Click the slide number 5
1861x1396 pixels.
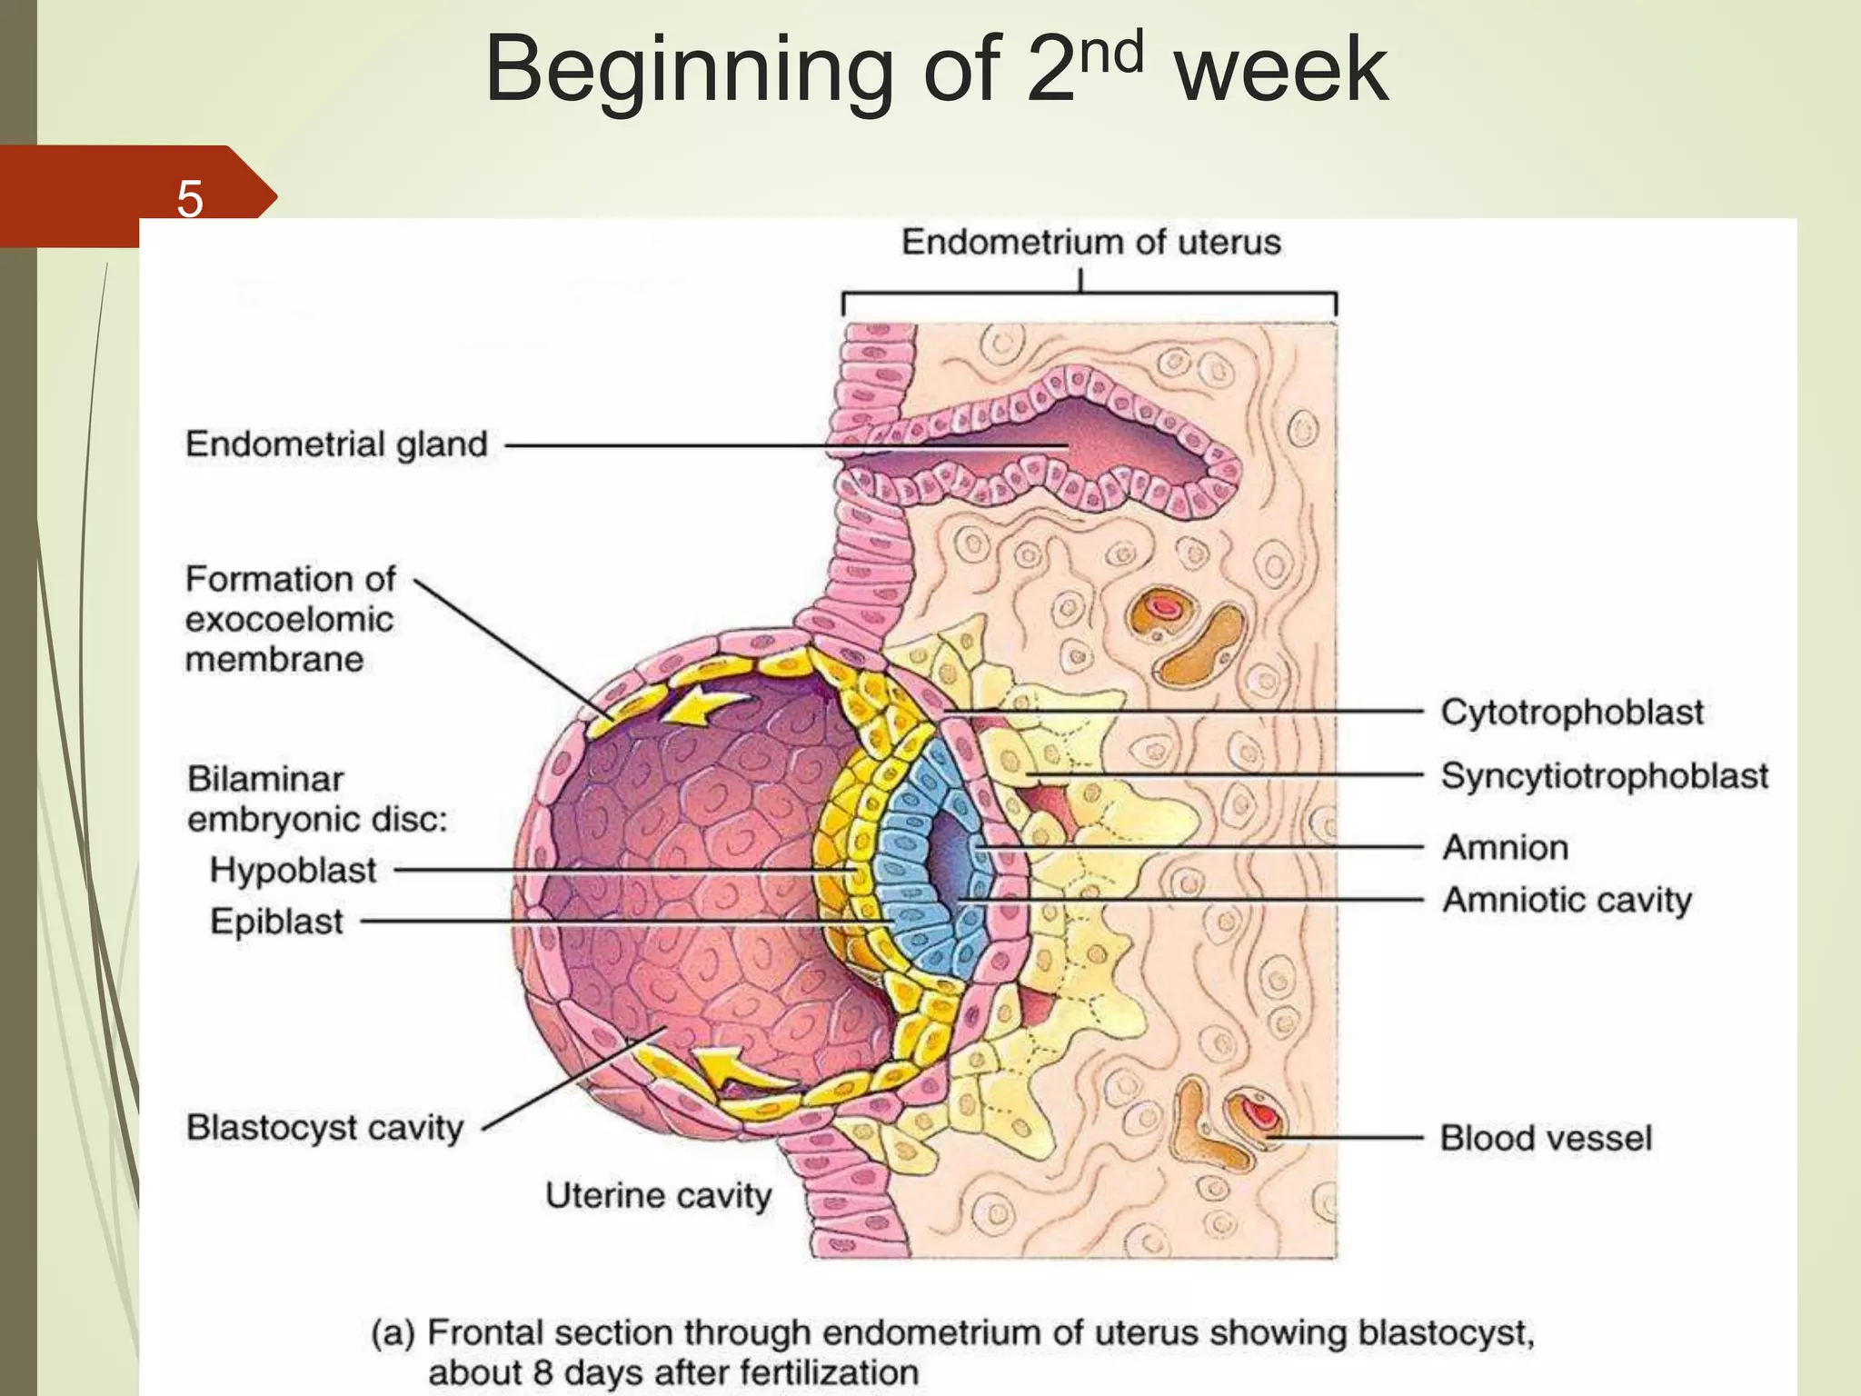[x=189, y=199]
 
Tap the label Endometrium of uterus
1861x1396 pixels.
[x=1090, y=243]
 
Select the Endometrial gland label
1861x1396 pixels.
[x=336, y=444]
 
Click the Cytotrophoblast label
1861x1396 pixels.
[x=1572, y=712]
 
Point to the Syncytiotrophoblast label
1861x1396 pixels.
[x=1604, y=776]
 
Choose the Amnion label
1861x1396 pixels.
[x=1506, y=847]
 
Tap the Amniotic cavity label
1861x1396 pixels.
[x=1567, y=900]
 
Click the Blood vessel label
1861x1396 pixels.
[x=1546, y=1138]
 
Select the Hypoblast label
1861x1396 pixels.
[x=293, y=870]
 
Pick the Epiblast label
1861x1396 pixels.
[x=276, y=922]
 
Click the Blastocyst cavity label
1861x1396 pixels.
[x=324, y=1128]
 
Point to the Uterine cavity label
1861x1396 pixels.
[x=658, y=1195]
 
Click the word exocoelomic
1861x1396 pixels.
[x=289, y=620]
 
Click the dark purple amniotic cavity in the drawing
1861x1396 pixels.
[x=950, y=853]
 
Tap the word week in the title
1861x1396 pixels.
[x=1281, y=71]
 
